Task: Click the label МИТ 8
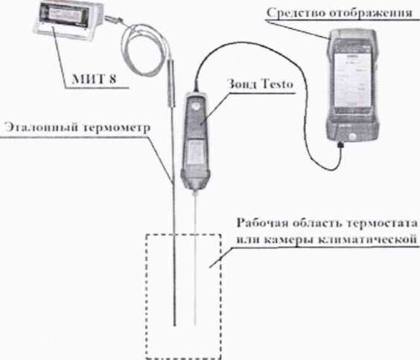pos(95,79)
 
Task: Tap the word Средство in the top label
pos(295,13)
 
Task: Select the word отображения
pos(370,13)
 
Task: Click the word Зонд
pos(242,84)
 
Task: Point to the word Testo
pos(277,84)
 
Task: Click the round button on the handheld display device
pos(352,137)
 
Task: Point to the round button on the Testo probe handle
pos(197,105)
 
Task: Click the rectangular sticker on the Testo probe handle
pos(194,152)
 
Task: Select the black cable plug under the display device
pos(341,145)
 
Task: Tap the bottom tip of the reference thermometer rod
pos(174,325)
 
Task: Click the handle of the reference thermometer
pos(171,83)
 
